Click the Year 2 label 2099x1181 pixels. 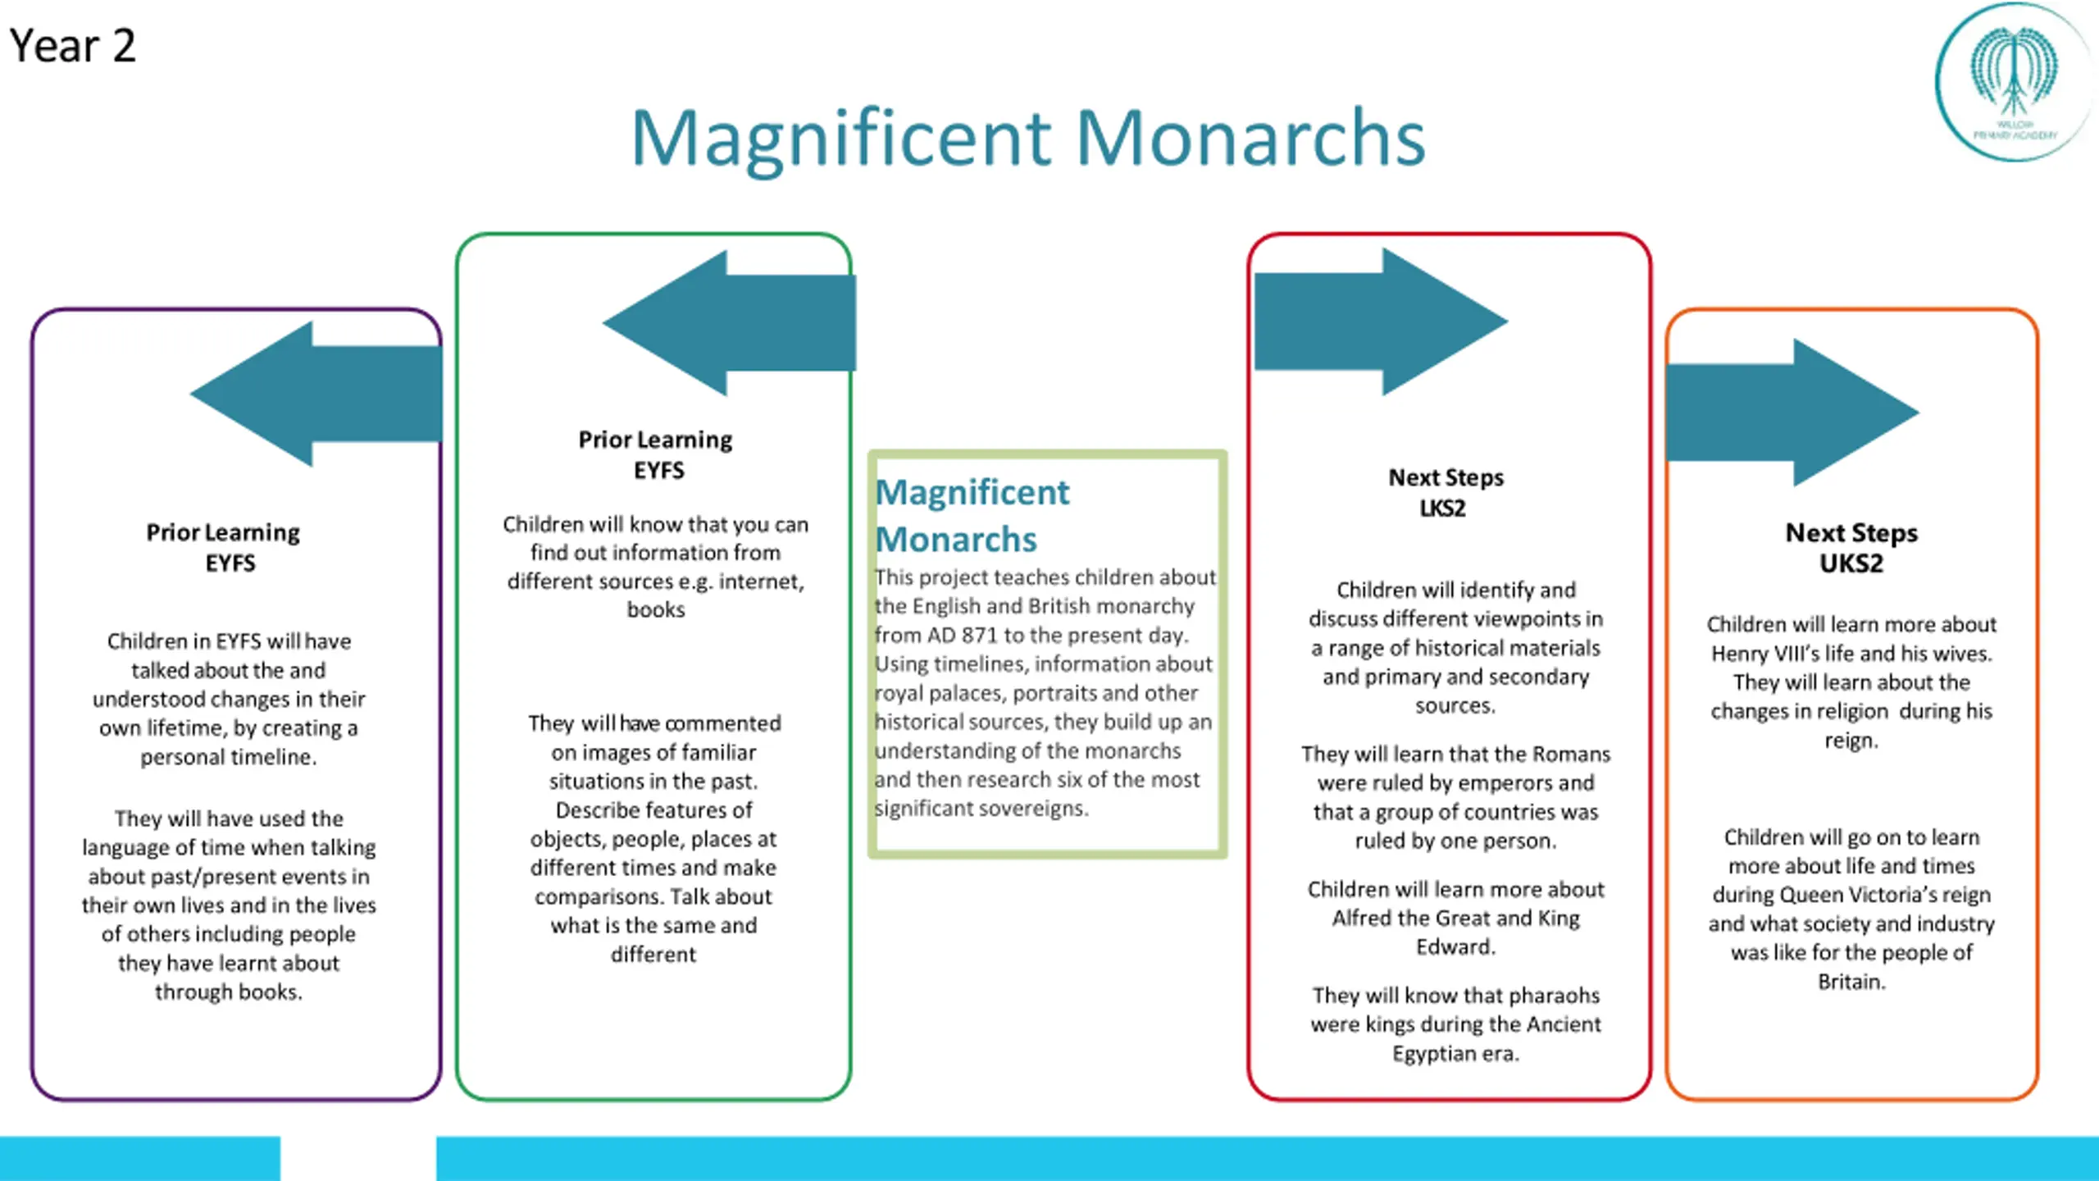(x=72, y=46)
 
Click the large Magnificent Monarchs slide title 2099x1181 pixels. (x=1028, y=138)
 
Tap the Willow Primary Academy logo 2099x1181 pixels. (x=2014, y=82)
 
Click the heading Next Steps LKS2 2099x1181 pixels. (x=1446, y=492)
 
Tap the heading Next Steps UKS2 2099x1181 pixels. (x=1851, y=548)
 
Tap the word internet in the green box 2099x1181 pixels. (x=761, y=581)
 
